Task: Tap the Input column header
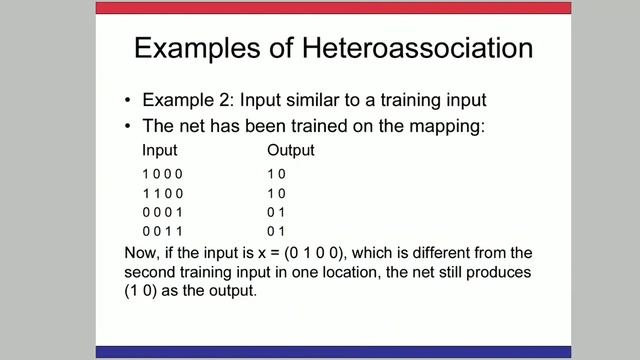pyautogui.click(x=160, y=151)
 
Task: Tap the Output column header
pyautogui.click(x=290, y=151)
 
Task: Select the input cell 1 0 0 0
pyautogui.click(x=164, y=174)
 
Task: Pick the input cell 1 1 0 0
pyautogui.click(x=164, y=193)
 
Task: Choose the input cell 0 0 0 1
pyautogui.click(x=164, y=212)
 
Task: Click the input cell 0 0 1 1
pyautogui.click(x=164, y=231)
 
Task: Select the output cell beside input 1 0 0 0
pyautogui.click(x=276, y=174)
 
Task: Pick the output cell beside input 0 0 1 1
pyautogui.click(x=276, y=231)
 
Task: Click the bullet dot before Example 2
pyautogui.click(x=128, y=101)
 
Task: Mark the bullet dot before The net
pyautogui.click(x=128, y=127)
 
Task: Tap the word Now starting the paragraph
pyautogui.click(x=143, y=252)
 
